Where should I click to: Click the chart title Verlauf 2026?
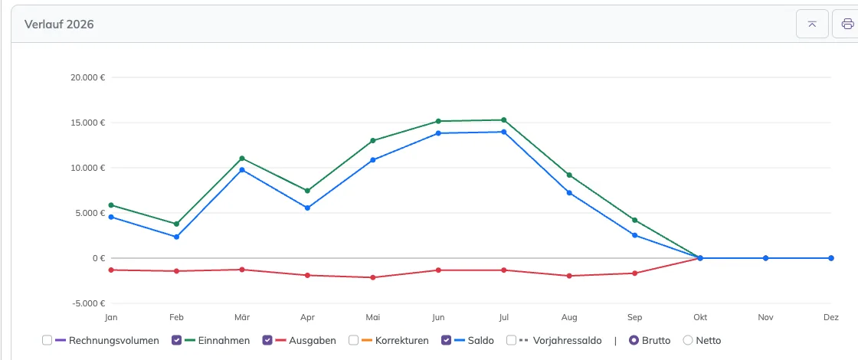coord(59,25)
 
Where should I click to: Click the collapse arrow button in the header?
coord(812,24)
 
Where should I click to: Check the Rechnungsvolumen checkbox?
coord(47,340)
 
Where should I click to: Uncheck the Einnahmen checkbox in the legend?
coord(177,340)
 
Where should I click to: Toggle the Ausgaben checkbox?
coord(267,340)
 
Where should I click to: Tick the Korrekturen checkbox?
coord(353,340)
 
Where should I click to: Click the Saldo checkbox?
coord(446,340)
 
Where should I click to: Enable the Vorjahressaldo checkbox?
coord(511,340)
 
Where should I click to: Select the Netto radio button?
coord(689,340)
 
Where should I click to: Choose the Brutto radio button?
coord(634,340)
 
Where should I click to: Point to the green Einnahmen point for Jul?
coord(503,119)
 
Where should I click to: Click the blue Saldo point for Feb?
coord(177,237)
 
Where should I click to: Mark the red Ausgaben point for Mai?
coord(372,277)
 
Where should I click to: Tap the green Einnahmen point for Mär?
coord(242,158)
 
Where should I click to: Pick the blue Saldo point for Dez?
coord(830,258)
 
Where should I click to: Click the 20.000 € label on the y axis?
coord(88,77)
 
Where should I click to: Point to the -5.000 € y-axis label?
coord(88,303)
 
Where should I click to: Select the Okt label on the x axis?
coord(700,317)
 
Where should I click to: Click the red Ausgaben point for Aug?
coord(569,276)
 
